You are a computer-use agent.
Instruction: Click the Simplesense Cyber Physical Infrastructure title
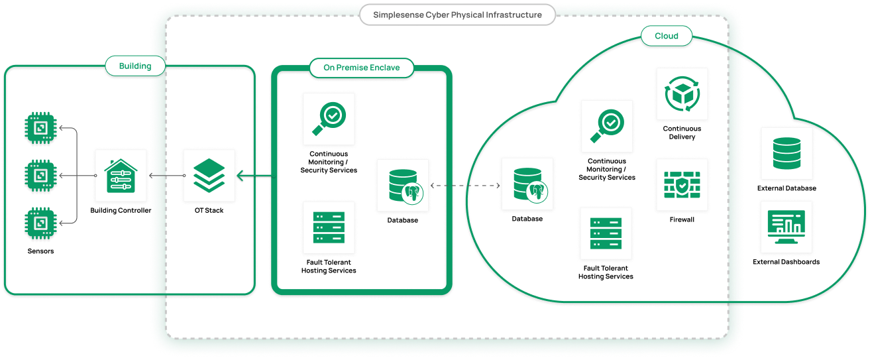[457, 15]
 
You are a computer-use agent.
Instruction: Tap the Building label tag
[135, 66]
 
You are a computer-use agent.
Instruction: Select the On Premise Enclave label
[361, 68]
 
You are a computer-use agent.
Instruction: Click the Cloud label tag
[666, 36]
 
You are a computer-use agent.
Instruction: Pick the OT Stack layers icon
[209, 176]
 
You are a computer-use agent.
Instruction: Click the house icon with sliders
[121, 176]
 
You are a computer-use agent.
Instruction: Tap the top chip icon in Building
[40, 127]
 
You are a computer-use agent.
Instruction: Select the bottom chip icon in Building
[40, 223]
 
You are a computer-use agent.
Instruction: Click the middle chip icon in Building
[40, 175]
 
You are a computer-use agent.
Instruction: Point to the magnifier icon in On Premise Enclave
[329, 119]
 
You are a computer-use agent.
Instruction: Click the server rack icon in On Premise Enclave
[329, 227]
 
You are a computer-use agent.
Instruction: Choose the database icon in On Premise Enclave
[402, 185]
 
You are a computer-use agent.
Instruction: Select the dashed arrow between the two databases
[464, 186]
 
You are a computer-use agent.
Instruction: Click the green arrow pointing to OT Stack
[254, 176]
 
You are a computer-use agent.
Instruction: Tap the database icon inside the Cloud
[527, 184]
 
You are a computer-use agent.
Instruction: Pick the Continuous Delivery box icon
[682, 93]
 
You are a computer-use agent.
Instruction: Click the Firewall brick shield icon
[682, 184]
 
